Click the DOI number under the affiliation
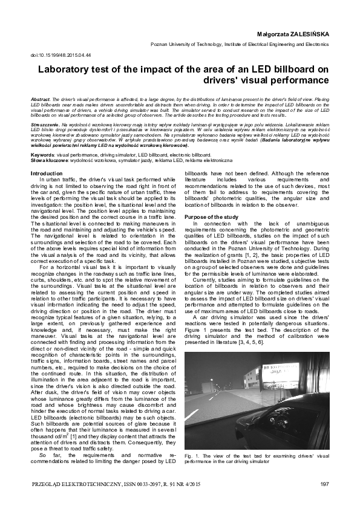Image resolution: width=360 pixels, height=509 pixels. pyautogui.click(x=60, y=55)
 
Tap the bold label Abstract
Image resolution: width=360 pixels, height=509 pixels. pyautogui.click(x=40, y=98)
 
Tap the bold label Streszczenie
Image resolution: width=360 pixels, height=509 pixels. pyautogui.click(x=44, y=123)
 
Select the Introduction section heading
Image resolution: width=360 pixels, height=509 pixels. pyautogui.click(x=47, y=173)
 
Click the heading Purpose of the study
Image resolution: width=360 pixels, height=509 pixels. pyautogui.click(x=212, y=216)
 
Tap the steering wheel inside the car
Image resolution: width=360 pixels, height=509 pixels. pyautogui.click(x=303, y=411)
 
